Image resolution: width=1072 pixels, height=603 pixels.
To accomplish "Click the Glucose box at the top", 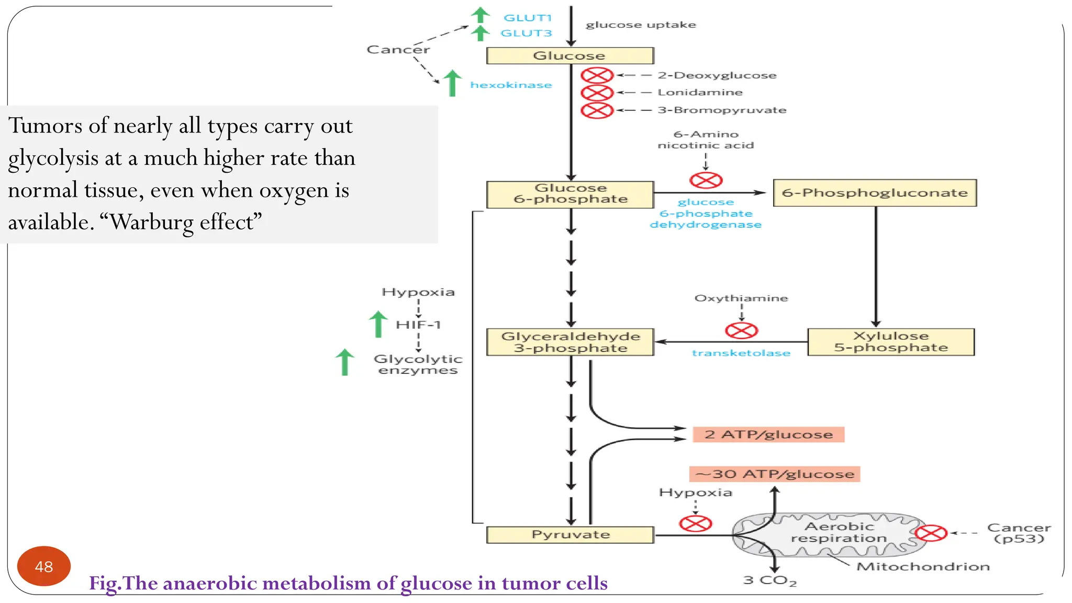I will [x=569, y=55].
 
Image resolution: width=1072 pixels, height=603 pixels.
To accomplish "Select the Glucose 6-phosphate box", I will [x=570, y=194].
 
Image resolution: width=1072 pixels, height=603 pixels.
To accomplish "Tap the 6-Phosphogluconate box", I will [x=875, y=193].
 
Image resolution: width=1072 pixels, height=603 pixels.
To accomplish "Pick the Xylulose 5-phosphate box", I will [x=891, y=342].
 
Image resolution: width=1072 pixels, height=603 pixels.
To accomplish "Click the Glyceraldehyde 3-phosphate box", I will [x=570, y=342].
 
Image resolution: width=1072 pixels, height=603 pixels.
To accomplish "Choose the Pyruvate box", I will [x=570, y=534].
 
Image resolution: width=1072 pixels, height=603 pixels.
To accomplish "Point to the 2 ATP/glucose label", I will [x=768, y=434].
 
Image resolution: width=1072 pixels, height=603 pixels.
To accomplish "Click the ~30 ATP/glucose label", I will [x=775, y=474].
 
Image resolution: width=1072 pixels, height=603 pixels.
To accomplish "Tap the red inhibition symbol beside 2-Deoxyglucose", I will [x=597, y=75].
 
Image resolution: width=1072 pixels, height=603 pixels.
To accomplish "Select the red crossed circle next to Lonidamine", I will [x=597, y=93].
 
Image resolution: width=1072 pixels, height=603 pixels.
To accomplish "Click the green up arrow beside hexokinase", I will [x=452, y=83].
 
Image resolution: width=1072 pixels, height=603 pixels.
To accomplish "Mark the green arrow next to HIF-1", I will [x=378, y=324].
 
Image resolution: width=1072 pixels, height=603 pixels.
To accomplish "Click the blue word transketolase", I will [x=741, y=353].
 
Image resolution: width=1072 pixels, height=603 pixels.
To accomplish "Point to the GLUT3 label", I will [x=526, y=33].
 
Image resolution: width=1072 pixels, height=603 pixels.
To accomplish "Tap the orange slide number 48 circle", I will [x=44, y=566].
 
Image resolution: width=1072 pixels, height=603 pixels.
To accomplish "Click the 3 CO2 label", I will [x=769, y=580].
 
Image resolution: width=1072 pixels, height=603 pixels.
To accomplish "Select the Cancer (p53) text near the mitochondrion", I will [x=1019, y=533].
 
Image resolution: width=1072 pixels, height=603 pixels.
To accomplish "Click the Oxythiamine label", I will [x=741, y=298].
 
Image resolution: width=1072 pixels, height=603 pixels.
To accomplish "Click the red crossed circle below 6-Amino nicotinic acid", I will [x=706, y=181].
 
